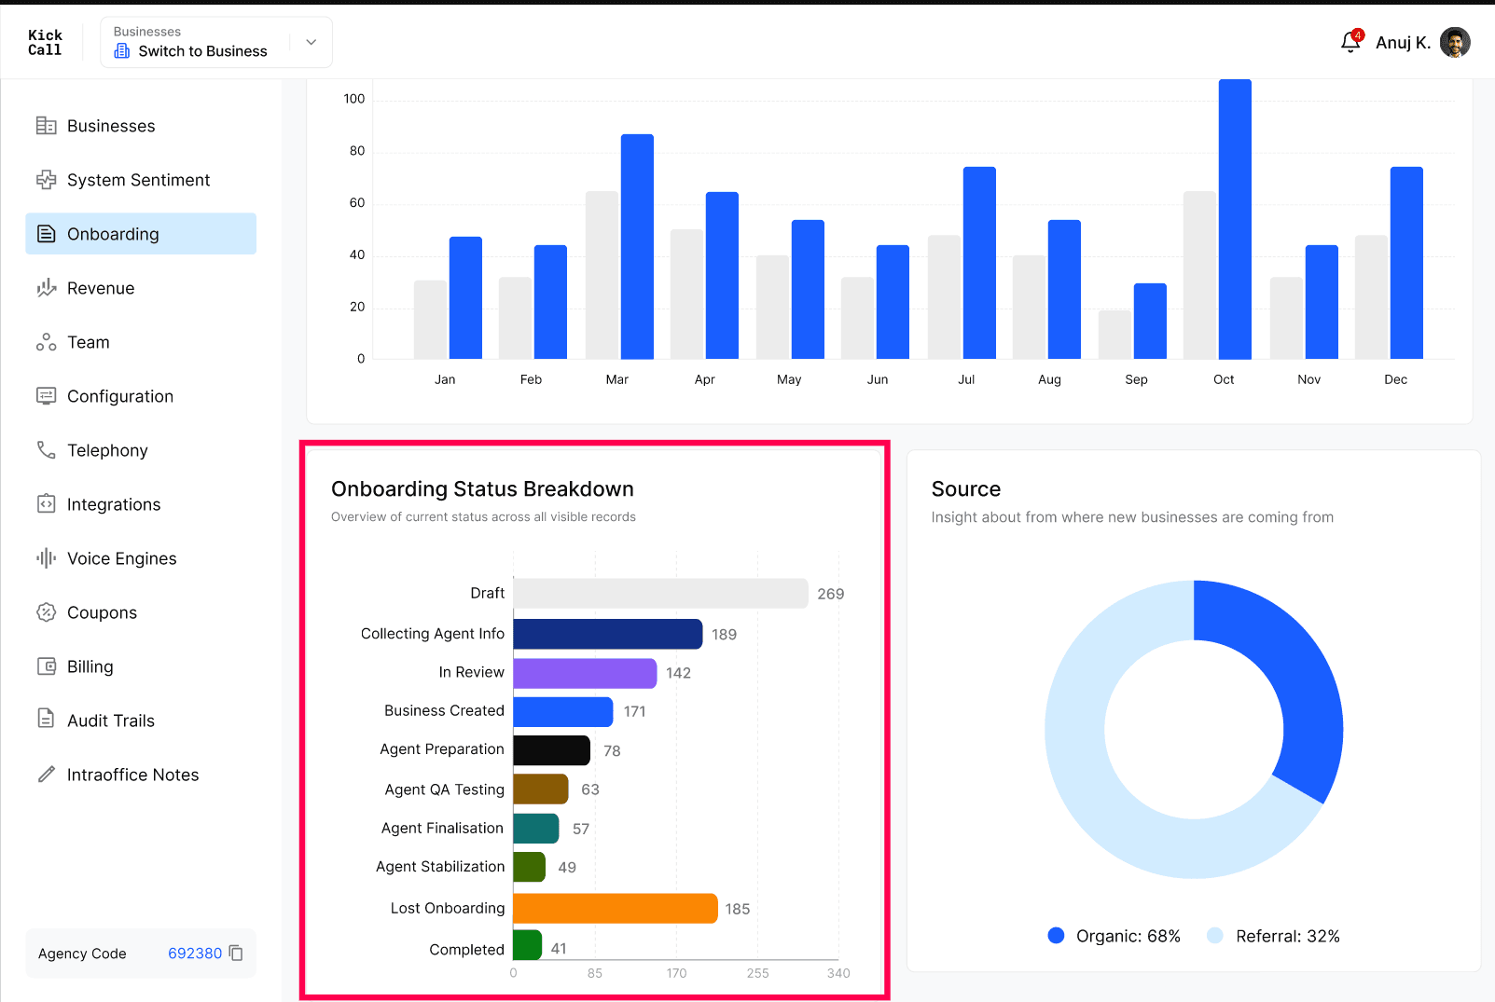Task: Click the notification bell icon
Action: pyautogui.click(x=1350, y=43)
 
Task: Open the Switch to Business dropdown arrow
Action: pyautogui.click(x=311, y=42)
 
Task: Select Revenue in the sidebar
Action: pyautogui.click(x=101, y=288)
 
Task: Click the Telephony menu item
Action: pyautogui.click(x=107, y=450)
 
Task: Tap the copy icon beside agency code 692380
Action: pyautogui.click(x=236, y=953)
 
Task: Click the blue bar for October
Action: pyautogui.click(x=1235, y=219)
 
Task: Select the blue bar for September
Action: pyautogui.click(x=1150, y=321)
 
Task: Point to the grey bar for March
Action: pyautogui.click(x=602, y=275)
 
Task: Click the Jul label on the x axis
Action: pyautogui.click(x=966, y=379)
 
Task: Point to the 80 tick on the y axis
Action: pyautogui.click(x=357, y=151)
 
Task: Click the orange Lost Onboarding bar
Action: pyautogui.click(x=616, y=908)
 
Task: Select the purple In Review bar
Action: pyautogui.click(x=585, y=673)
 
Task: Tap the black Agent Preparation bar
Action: pyautogui.click(x=552, y=750)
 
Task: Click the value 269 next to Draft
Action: pyautogui.click(x=831, y=594)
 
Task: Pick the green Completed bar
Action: pyautogui.click(x=527, y=945)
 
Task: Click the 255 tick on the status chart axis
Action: pyautogui.click(x=757, y=973)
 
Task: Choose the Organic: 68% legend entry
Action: pyautogui.click(x=1114, y=936)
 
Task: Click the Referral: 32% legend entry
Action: pyautogui.click(x=1273, y=936)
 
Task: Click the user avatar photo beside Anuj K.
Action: pyautogui.click(x=1455, y=43)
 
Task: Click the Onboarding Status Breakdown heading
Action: pyautogui.click(x=482, y=489)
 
